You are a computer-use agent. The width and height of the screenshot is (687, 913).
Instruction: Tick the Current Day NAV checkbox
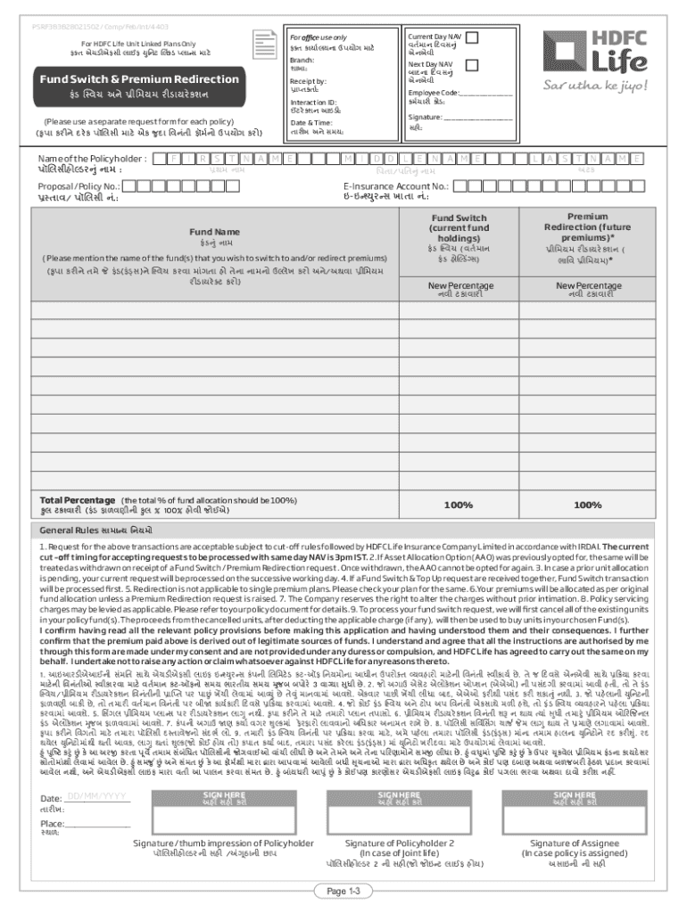tap(473, 37)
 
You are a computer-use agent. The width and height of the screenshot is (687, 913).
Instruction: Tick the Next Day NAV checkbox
tap(473, 67)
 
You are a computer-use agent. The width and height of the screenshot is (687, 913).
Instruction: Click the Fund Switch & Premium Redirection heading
tap(124, 79)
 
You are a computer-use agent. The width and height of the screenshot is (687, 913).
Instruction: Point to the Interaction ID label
tap(313, 102)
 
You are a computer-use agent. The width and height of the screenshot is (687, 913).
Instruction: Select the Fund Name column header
tap(213, 232)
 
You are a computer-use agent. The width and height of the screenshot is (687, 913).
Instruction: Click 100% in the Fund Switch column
tap(459, 506)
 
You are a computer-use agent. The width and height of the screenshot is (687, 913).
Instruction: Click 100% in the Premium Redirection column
tap(588, 506)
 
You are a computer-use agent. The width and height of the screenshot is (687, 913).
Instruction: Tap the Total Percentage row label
tap(76, 500)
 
